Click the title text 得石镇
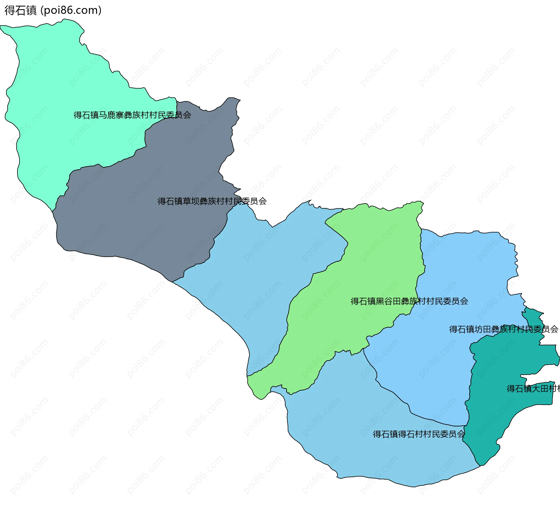point(20,10)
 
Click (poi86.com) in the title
point(71,10)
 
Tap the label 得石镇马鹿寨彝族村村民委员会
point(132,115)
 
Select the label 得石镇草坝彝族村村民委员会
point(212,201)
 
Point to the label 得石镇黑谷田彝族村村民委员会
point(409,301)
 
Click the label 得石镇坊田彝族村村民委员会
point(503,329)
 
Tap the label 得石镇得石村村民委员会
point(419,434)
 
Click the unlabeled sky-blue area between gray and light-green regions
point(262,277)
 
